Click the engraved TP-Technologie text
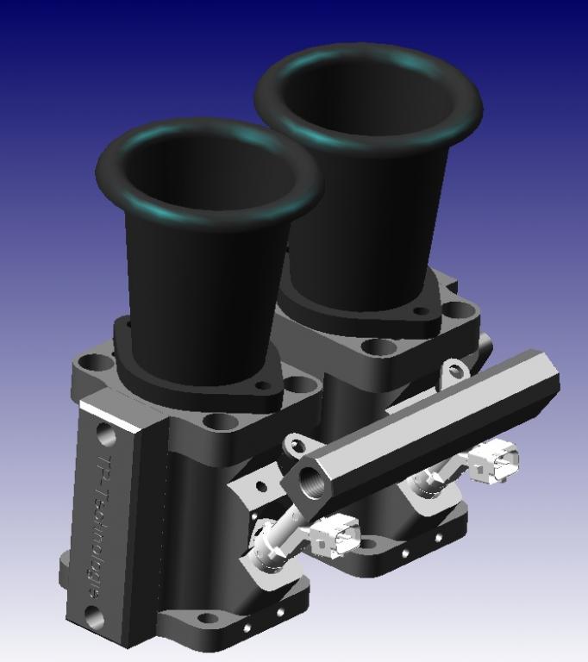[103, 526]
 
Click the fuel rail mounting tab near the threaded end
[296, 445]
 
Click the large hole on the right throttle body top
[377, 347]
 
